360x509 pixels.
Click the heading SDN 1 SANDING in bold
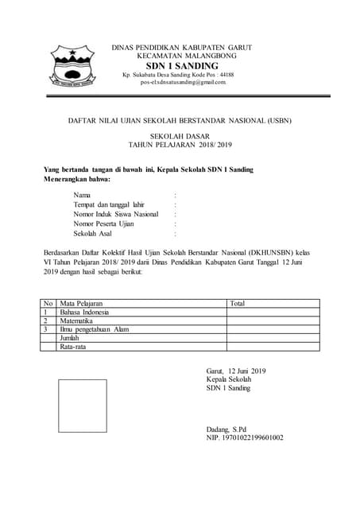click(x=182, y=65)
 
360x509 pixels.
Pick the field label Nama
click(x=82, y=195)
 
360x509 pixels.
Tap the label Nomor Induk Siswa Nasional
click(x=116, y=214)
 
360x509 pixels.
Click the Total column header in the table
click(x=237, y=304)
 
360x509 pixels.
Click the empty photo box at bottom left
click(x=81, y=406)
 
